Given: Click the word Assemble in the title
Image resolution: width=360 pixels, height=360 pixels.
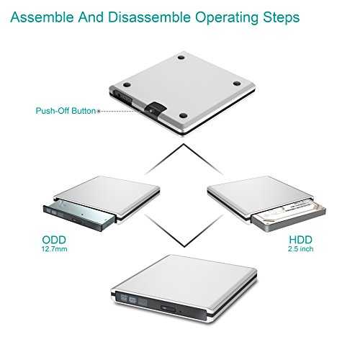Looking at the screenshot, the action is click(x=42, y=17).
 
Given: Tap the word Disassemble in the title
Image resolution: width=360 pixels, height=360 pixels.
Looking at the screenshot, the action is click(x=149, y=17).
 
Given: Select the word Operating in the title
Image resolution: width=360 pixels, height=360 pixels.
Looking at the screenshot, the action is click(x=227, y=18).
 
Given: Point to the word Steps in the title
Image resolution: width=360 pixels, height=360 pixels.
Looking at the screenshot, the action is click(x=282, y=18).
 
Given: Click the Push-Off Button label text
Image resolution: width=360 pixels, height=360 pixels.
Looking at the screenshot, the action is click(x=66, y=111).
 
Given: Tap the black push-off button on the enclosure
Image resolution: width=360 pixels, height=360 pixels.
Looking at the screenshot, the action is click(x=155, y=108).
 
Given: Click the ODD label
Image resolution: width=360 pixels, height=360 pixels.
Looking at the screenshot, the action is click(x=54, y=240).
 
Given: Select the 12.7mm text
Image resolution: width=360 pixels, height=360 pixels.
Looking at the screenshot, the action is click(x=54, y=249).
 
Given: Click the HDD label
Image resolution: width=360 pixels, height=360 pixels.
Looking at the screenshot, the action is click(x=300, y=240).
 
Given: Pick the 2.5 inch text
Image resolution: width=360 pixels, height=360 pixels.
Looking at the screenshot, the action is click(x=301, y=249).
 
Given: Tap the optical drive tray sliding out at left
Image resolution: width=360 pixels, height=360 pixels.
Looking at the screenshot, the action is click(x=79, y=215).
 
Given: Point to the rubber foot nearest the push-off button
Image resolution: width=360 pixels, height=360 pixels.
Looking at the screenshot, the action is click(x=183, y=116).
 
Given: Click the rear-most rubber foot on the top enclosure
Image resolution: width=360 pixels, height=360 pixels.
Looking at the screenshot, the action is click(x=181, y=58).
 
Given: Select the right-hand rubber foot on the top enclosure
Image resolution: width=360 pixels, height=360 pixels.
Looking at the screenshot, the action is click(x=237, y=84).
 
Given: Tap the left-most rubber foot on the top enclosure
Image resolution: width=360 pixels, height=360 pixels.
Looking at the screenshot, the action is click(x=127, y=85).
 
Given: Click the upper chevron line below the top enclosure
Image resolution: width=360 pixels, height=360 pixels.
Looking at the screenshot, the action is click(x=184, y=159).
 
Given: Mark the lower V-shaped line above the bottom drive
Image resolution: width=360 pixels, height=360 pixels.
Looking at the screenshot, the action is click(x=184, y=231).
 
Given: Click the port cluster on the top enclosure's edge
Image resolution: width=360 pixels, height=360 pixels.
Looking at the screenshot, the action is click(x=122, y=96).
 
